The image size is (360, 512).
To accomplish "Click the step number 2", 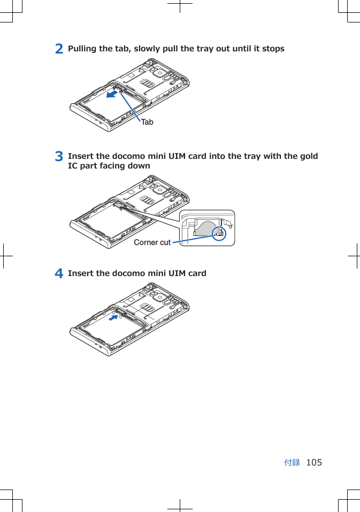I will pyautogui.click(x=59, y=49).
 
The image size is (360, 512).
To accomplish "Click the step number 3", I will pyautogui.click(x=59, y=157).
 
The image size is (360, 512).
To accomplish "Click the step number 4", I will pyautogui.click(x=59, y=273).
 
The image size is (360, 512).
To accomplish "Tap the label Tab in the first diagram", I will pyautogui.click(x=147, y=122).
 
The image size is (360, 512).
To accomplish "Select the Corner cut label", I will pyautogui.click(x=152, y=242).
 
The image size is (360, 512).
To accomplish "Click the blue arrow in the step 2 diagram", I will pyautogui.click(x=112, y=95).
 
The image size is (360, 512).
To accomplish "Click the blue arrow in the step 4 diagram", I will pyautogui.click(x=113, y=318).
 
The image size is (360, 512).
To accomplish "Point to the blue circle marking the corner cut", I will pyautogui.click(x=219, y=233).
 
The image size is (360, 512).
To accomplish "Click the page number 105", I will pyautogui.click(x=314, y=462).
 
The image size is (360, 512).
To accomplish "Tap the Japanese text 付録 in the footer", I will pyautogui.click(x=292, y=462).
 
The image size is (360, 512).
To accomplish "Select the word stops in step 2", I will pyautogui.click(x=273, y=49).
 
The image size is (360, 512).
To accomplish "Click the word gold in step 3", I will pyautogui.click(x=309, y=156).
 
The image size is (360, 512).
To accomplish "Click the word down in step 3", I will pyautogui.click(x=139, y=166).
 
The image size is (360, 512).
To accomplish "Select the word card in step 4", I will pyautogui.click(x=196, y=273).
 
